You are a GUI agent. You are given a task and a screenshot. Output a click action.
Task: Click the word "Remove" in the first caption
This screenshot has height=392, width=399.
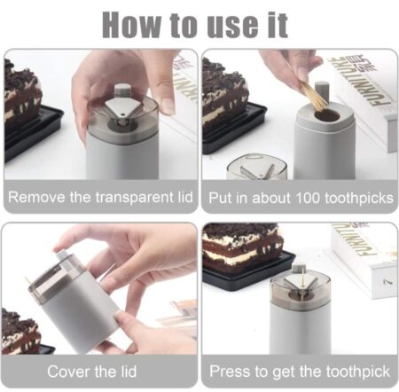(36, 197)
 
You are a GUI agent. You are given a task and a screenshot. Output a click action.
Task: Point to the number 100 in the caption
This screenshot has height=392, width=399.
(308, 198)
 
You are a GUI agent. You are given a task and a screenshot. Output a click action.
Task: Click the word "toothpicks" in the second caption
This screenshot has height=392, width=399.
(359, 198)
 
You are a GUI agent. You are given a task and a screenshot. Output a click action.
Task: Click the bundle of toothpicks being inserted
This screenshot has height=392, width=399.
(314, 96)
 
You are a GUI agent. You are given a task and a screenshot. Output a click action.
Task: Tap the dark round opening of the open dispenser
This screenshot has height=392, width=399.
(326, 115)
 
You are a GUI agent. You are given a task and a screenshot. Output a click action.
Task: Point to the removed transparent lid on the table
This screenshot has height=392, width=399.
(257, 167)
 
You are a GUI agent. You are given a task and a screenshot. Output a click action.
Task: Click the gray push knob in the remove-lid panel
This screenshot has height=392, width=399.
(122, 90)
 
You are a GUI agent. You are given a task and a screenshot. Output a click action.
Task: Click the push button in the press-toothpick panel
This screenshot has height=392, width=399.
(299, 269)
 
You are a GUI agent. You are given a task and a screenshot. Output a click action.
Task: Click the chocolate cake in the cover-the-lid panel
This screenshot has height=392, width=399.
(20, 332)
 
